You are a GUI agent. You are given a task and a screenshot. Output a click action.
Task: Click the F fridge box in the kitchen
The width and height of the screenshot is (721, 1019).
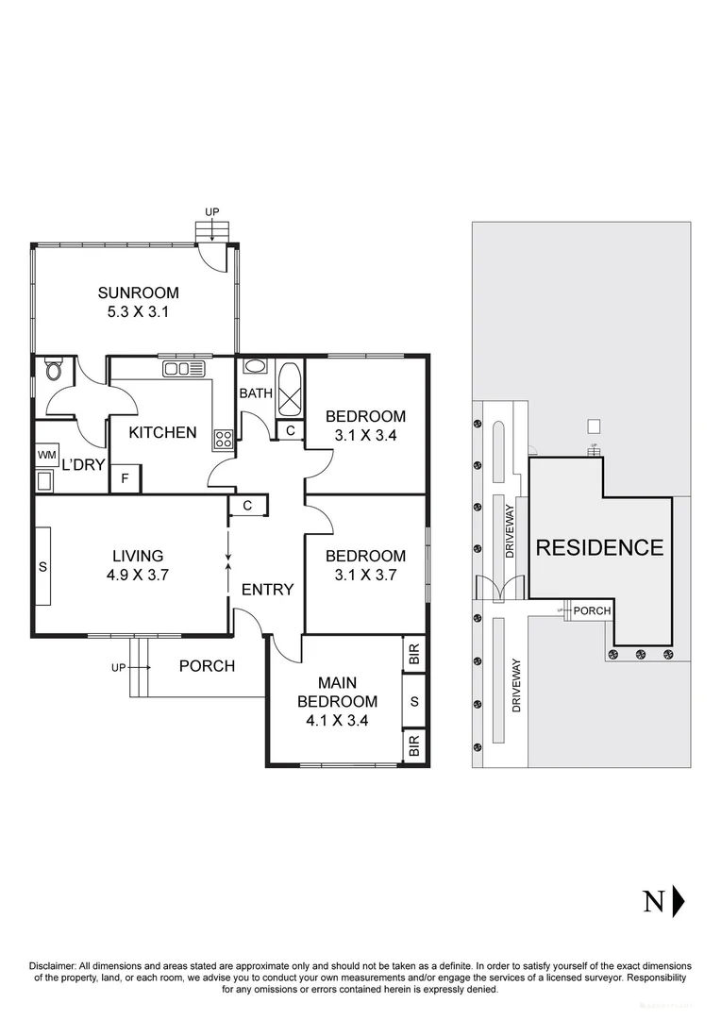[x=125, y=479]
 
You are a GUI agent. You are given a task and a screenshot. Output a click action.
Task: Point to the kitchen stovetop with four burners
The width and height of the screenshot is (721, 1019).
[x=224, y=438]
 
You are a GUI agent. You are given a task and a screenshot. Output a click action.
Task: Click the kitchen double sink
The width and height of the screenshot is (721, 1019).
[x=184, y=368]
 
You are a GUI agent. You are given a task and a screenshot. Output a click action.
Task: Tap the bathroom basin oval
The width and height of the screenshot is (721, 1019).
[x=255, y=367]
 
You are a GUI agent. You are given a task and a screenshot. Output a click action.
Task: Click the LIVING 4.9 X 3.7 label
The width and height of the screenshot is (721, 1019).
[x=138, y=564]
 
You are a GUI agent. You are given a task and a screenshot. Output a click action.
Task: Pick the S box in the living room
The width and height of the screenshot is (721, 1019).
[x=42, y=566]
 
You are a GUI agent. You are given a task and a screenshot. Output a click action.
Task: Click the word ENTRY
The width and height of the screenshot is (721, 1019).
[x=267, y=590]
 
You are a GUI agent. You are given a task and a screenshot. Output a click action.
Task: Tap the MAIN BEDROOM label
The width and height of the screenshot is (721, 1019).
[x=337, y=693]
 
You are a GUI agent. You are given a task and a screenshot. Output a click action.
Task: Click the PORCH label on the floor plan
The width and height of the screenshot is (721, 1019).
[x=207, y=666]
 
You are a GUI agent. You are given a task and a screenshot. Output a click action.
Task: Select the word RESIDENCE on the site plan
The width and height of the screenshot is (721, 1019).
[x=599, y=547]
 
